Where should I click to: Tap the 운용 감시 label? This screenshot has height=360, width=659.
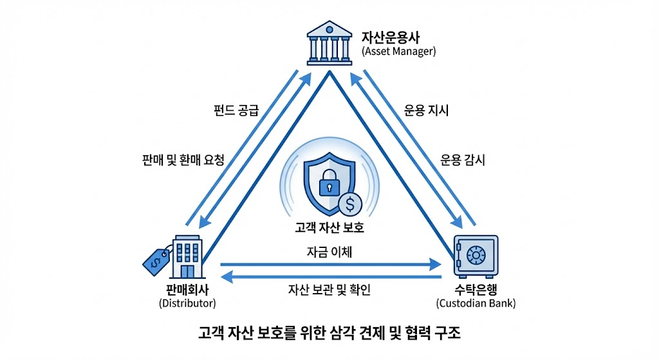[x=462, y=159]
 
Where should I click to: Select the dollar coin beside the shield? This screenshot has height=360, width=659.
[x=349, y=204]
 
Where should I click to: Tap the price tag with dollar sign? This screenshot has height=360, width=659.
[x=155, y=260]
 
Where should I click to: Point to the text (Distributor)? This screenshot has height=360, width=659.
[x=187, y=303]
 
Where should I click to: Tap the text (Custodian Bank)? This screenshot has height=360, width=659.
[x=476, y=303]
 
